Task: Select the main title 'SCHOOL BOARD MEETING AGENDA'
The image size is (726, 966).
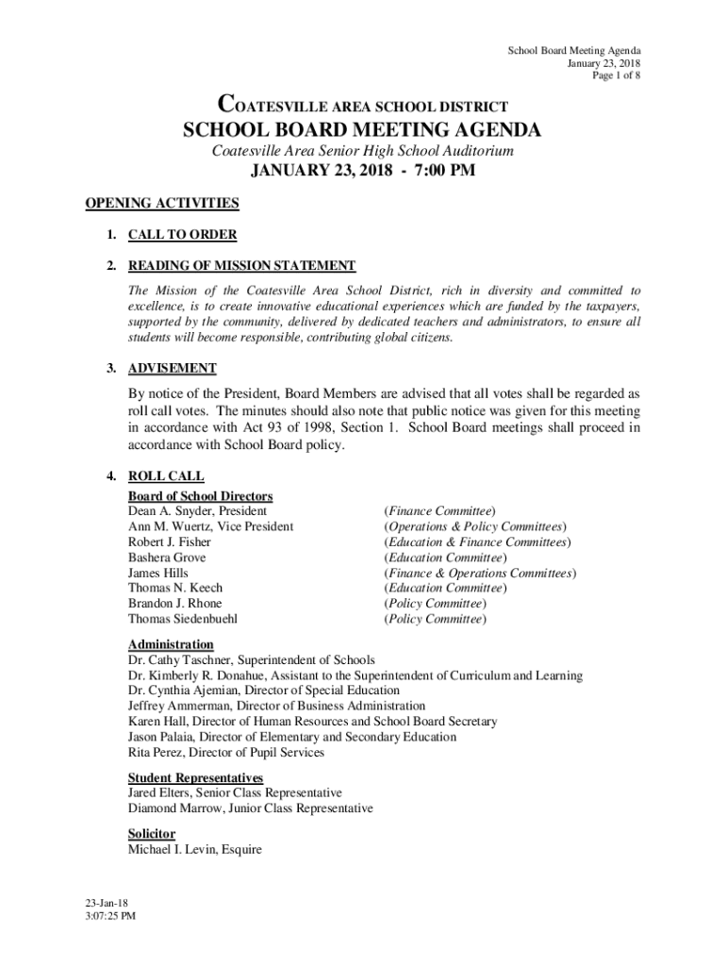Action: tap(362, 129)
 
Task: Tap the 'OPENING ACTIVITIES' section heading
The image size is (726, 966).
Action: tap(162, 203)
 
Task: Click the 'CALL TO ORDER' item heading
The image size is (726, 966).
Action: tap(182, 235)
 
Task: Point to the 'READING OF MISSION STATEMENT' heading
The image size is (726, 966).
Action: tap(241, 266)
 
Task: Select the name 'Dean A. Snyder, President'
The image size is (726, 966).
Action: tap(197, 510)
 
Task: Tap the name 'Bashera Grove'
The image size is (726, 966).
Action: tap(167, 558)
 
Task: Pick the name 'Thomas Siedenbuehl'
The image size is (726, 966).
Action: tap(183, 620)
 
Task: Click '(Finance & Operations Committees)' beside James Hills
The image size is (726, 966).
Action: tap(479, 573)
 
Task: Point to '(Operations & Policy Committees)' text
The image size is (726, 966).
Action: tap(475, 526)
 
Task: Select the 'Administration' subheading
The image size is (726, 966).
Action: tap(171, 644)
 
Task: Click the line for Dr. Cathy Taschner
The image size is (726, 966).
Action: tap(251, 660)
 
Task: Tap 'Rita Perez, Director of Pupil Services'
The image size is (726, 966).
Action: tap(225, 753)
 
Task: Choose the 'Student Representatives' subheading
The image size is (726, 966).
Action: tap(195, 777)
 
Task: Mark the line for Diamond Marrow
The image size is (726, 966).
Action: tap(250, 808)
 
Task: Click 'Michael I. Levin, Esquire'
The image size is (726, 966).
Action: tap(194, 850)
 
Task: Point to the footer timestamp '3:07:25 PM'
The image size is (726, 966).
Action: tap(109, 916)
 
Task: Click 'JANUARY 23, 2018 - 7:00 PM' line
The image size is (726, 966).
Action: tap(362, 172)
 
